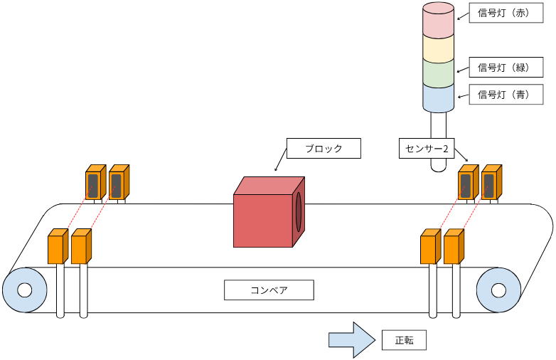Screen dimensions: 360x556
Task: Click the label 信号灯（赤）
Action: point(503,13)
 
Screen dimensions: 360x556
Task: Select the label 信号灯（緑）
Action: point(503,68)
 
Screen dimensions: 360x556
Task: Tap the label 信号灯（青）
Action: point(503,95)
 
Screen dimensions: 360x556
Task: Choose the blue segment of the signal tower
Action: point(438,98)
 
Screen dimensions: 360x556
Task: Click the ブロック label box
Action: point(324,148)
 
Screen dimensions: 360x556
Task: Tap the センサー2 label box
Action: point(426,148)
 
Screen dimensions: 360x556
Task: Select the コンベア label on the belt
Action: point(269,290)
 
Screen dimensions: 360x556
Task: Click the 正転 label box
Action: point(404,340)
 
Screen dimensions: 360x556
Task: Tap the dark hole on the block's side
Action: point(299,211)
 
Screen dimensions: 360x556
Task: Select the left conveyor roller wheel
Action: point(25,290)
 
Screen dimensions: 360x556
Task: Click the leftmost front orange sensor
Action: point(57,247)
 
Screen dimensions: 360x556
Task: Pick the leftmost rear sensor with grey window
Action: point(94,184)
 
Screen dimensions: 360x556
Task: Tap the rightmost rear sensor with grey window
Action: point(490,184)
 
